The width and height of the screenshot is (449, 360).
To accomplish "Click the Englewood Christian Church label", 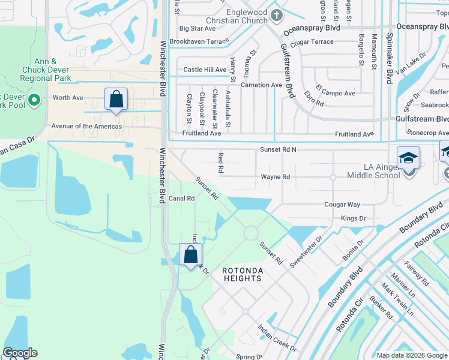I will pyautogui.click(x=238, y=16).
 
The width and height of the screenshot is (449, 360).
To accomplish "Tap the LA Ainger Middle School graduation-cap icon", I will pyautogui.click(x=408, y=159).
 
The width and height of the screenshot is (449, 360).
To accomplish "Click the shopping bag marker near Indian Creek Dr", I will pyautogui.click(x=190, y=255).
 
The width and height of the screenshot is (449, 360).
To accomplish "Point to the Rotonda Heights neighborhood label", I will pyautogui.click(x=242, y=275).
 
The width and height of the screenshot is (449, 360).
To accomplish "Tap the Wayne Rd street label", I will pyautogui.click(x=275, y=177).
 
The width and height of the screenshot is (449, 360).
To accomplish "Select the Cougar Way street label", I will pyautogui.click(x=342, y=205).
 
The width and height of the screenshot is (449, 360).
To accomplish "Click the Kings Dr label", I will pyautogui.click(x=353, y=219).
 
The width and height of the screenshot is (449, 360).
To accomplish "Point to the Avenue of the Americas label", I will pyautogui.click(x=86, y=127).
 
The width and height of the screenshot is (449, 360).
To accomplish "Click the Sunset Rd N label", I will pyautogui.click(x=279, y=149).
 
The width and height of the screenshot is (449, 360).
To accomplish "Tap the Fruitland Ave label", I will pyautogui.click(x=202, y=134).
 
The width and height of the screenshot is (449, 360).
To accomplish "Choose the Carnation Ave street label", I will pyautogui.click(x=261, y=85).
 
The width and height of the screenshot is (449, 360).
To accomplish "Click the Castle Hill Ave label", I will pyautogui.click(x=205, y=70).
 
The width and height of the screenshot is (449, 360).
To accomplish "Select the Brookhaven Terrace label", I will pyautogui.click(x=199, y=41).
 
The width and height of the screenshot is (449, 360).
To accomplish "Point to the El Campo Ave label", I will pyautogui.click(x=337, y=93).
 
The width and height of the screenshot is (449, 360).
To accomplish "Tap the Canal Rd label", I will pyautogui.click(x=182, y=198).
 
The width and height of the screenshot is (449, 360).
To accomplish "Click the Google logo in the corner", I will pyautogui.click(x=20, y=353).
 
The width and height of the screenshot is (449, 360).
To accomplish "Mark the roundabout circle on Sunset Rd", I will pyautogui.click(x=250, y=232).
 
